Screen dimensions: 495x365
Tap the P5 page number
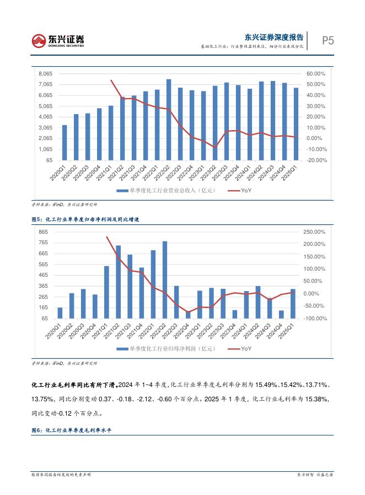pyautogui.click(x=328, y=40)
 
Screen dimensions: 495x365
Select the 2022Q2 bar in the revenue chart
pyautogui.click(x=169, y=120)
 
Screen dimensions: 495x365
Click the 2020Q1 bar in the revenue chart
pyautogui.click(x=65, y=142)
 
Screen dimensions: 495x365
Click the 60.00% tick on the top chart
pyautogui.click(x=316, y=74)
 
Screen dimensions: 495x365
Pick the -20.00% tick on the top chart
pyautogui.click(x=316, y=160)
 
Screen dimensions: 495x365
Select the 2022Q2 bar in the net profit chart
pyautogui.click(x=165, y=279)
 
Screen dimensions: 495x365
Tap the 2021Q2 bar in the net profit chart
pyautogui.click(x=118, y=282)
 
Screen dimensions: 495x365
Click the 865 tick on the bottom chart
pyautogui.click(x=43, y=232)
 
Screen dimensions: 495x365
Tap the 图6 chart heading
pyautogui.click(x=72, y=430)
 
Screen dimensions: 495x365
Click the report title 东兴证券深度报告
pyautogui.click(x=274, y=37)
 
